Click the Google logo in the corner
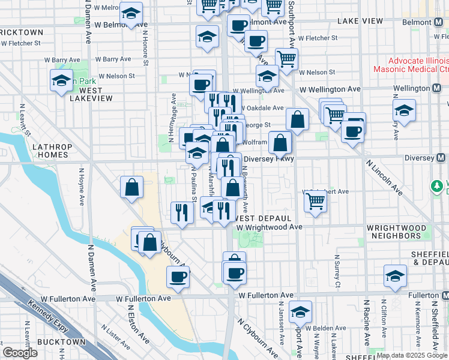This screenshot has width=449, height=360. tap(20, 353)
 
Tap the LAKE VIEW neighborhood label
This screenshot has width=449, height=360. tap(360, 21)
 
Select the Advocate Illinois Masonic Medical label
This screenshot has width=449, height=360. tap(410, 65)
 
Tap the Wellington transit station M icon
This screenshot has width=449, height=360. tap(439, 88)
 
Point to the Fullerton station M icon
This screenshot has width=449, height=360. tap(445, 296)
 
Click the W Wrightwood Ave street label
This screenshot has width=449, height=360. tap(270, 227)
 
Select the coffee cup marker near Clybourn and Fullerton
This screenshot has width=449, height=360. tap(178, 276)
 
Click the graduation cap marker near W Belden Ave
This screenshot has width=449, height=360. tap(300, 311)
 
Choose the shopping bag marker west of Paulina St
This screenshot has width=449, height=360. tap(131, 187)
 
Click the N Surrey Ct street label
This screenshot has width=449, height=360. tap(338, 274)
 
